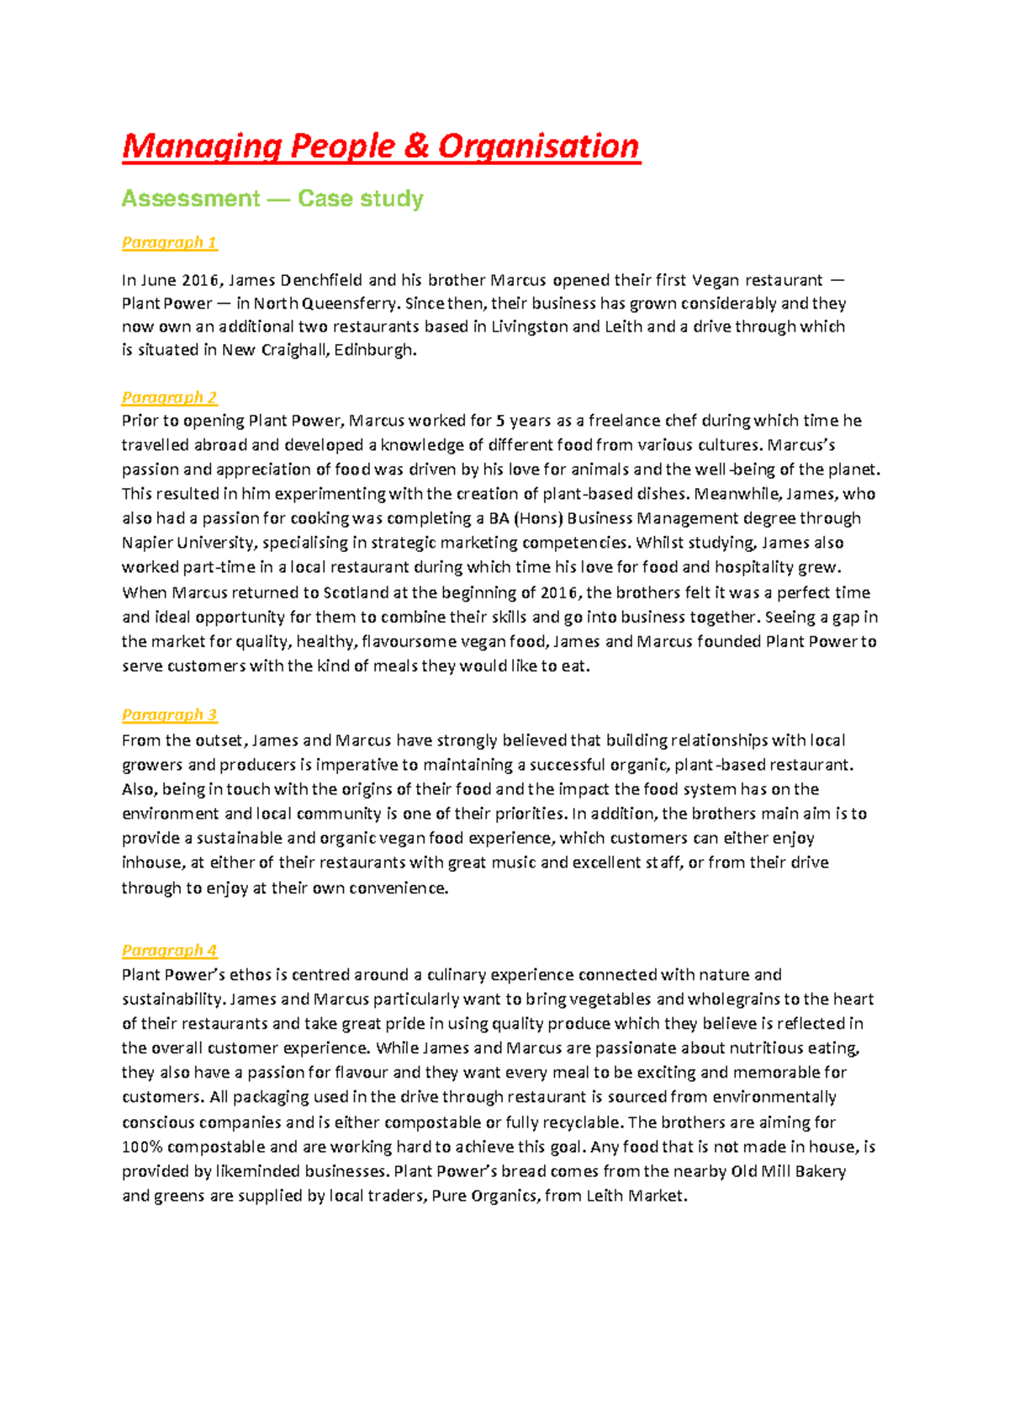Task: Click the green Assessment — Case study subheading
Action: click(x=272, y=199)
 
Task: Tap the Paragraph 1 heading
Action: click(x=169, y=242)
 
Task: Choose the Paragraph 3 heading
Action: click(x=169, y=714)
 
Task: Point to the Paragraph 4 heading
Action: click(x=169, y=950)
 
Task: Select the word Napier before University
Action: click(x=148, y=543)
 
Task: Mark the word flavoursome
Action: click(x=412, y=641)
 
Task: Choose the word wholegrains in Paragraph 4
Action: click(x=734, y=1000)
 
